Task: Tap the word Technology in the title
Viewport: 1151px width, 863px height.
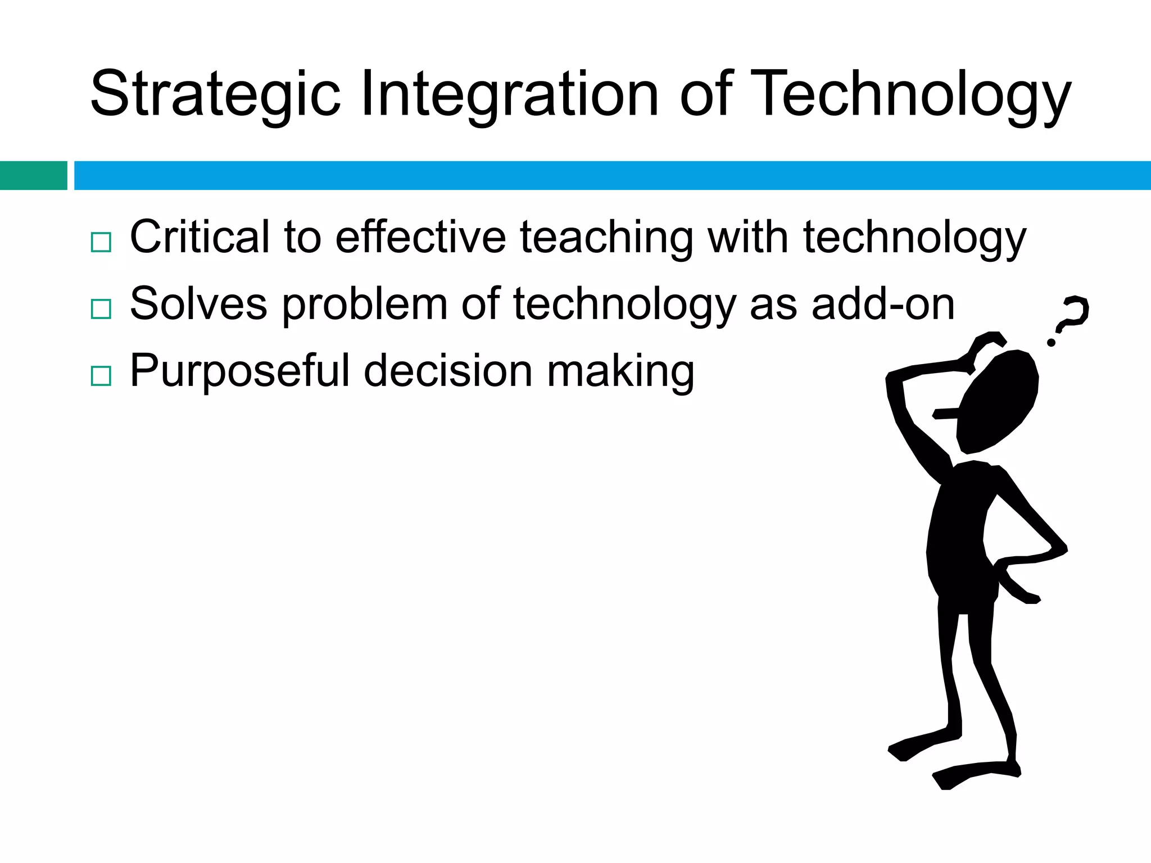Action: pos(910,94)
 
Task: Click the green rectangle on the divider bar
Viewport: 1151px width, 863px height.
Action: pos(33,175)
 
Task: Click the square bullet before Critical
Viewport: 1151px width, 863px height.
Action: pos(101,242)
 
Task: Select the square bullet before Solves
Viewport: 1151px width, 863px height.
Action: pos(101,309)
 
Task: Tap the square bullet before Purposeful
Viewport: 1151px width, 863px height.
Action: pos(101,375)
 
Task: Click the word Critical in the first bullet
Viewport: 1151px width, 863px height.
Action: pos(200,237)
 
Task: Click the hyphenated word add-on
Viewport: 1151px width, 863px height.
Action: pos(883,304)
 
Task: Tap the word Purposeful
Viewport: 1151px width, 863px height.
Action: pos(240,371)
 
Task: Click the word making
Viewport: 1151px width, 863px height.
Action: pos(620,371)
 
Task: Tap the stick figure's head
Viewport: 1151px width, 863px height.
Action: pos(998,402)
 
